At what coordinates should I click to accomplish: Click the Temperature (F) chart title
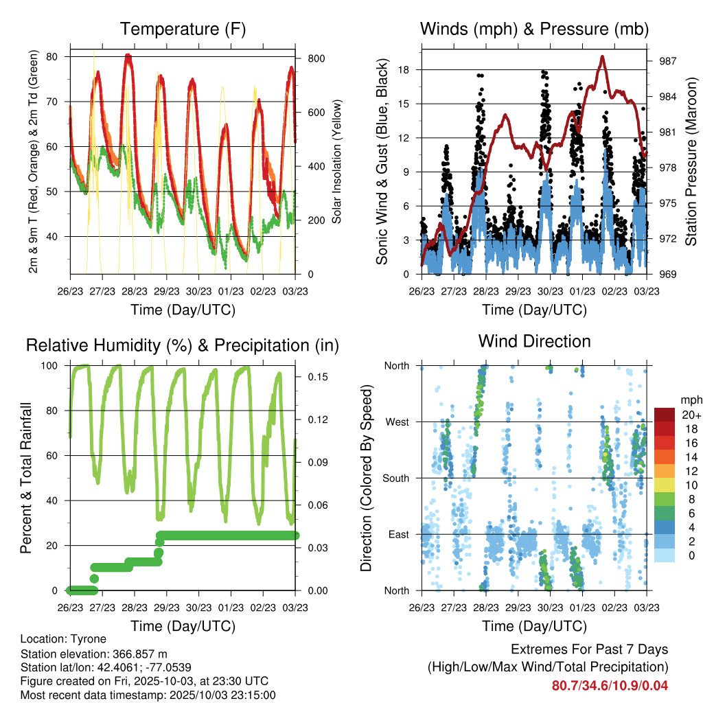pyautogui.click(x=183, y=30)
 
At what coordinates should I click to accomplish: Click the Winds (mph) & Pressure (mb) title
pyautogui.click(x=534, y=30)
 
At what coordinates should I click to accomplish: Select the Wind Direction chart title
pyautogui.click(x=534, y=341)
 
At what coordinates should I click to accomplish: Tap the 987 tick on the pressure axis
pyautogui.click(x=667, y=61)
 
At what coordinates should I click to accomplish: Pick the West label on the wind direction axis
pyautogui.click(x=397, y=422)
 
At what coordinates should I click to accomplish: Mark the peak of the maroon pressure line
pyautogui.click(x=603, y=58)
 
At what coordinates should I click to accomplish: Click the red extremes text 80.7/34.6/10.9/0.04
pyautogui.click(x=610, y=685)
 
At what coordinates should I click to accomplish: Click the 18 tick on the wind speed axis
pyautogui.click(x=403, y=69)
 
